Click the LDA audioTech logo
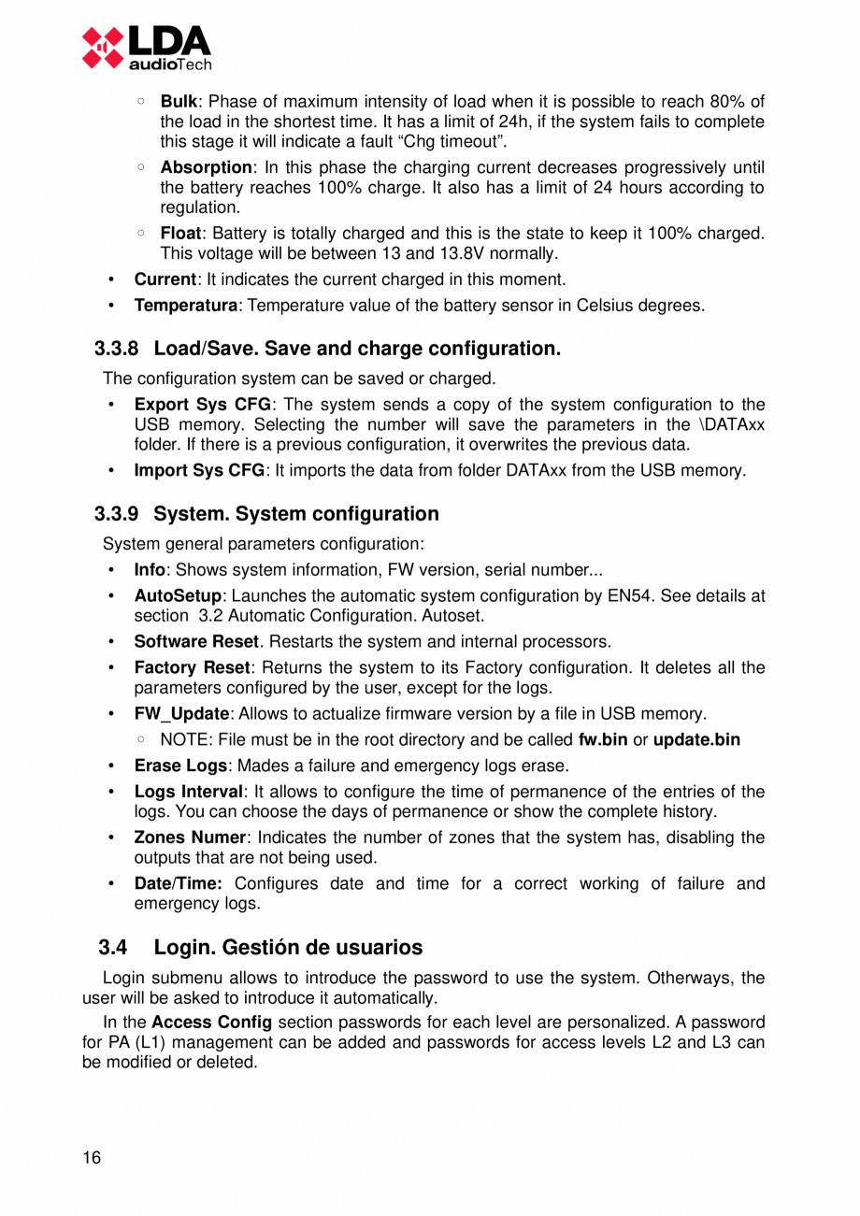tap(146, 47)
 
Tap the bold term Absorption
tap(206, 167)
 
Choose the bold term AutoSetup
tap(179, 595)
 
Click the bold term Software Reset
tap(195, 641)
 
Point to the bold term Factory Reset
tap(192, 667)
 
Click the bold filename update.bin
tap(696, 740)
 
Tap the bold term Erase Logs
tap(180, 766)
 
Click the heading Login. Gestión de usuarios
tap(288, 948)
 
